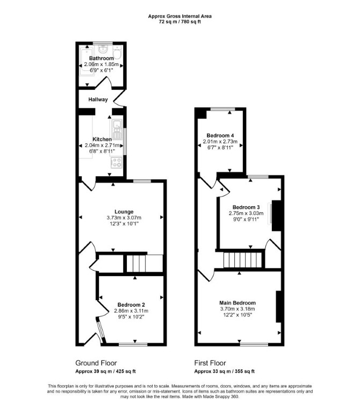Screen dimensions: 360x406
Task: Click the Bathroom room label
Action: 101,58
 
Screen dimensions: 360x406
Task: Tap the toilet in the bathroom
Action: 118,53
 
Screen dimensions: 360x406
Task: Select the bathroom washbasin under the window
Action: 103,49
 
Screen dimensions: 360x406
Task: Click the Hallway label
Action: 98,99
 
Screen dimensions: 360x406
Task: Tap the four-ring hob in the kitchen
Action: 117,162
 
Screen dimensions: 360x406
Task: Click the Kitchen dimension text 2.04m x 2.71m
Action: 102,145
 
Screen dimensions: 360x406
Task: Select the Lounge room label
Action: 124,212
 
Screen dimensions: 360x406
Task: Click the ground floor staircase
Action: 145,263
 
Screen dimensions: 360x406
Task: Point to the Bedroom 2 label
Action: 131,305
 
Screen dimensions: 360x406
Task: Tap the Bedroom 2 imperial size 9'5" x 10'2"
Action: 131,317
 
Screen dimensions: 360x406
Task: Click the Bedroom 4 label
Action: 220,135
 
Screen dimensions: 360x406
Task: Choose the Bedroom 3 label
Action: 246,207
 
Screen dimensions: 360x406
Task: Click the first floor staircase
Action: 243,260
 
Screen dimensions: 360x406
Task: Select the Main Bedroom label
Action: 237,303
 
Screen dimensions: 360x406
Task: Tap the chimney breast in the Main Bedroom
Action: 279,307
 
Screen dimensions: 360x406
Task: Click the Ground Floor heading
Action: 96,363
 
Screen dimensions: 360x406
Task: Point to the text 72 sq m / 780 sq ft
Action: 180,21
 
